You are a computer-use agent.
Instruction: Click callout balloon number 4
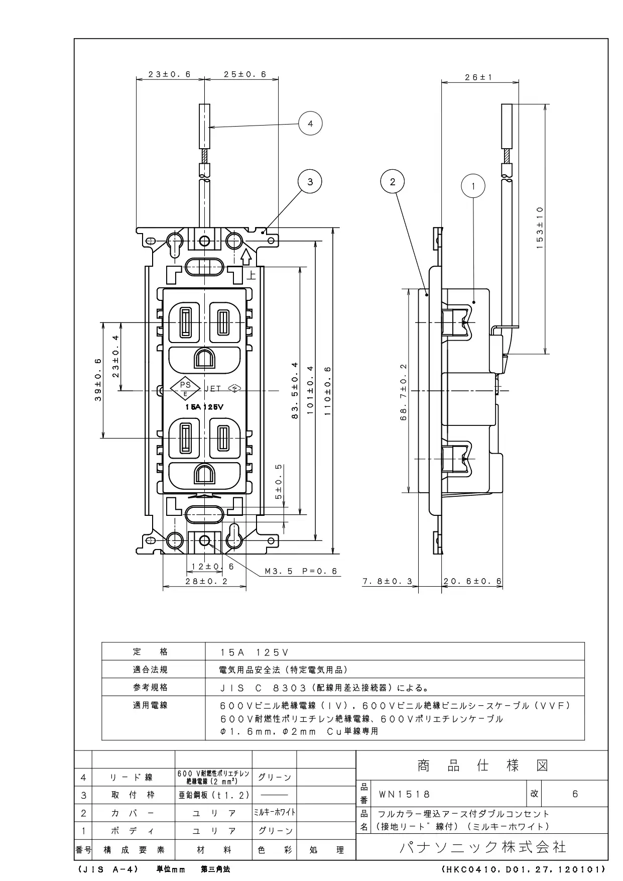coord(310,123)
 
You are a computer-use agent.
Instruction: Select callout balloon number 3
coord(310,181)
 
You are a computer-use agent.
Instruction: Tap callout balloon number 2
coord(393,181)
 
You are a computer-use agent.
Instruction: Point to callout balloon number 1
coord(473,186)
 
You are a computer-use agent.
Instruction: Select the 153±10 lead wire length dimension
coord(540,228)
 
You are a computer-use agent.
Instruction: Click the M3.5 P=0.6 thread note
coord(301,571)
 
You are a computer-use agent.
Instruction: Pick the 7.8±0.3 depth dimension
coord(387,581)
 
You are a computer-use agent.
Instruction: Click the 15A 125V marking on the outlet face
coord(204,407)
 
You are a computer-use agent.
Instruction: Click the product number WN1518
coord(404,794)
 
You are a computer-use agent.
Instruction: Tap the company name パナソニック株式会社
coord(483,847)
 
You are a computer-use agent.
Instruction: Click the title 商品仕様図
coord(483,765)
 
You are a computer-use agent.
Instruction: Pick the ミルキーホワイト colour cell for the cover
coord(275,812)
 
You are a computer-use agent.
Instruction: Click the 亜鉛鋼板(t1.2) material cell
coord(213,795)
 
